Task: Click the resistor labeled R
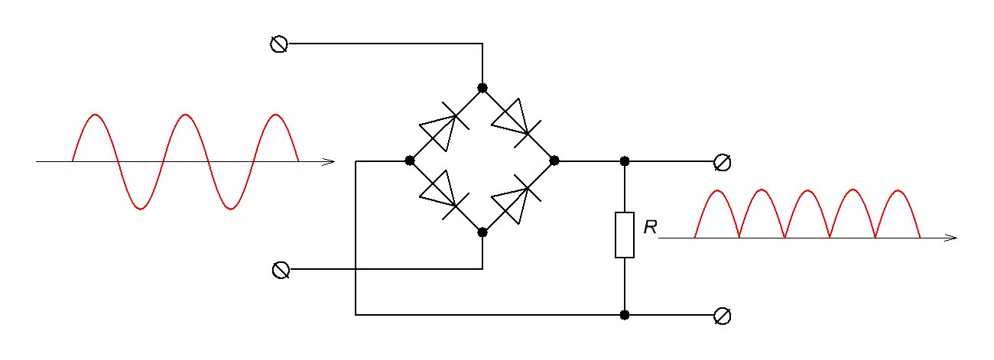pyautogui.click(x=625, y=235)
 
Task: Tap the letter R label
pyautogui.click(x=651, y=227)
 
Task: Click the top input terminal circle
pyautogui.click(x=279, y=44)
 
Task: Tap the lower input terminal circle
pyautogui.click(x=281, y=270)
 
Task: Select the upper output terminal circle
pyautogui.click(x=721, y=161)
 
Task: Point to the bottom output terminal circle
pyautogui.click(x=721, y=315)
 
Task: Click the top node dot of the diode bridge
pyautogui.click(x=482, y=88)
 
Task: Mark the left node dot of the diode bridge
pyautogui.click(x=410, y=161)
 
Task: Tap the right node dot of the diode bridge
pyautogui.click(x=555, y=161)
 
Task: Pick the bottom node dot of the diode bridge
pyautogui.click(x=482, y=232)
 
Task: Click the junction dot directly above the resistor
pyautogui.click(x=625, y=161)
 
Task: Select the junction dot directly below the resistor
pyautogui.click(x=625, y=314)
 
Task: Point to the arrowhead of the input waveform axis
pyautogui.click(x=330, y=161)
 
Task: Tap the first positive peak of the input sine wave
pyautogui.click(x=95, y=116)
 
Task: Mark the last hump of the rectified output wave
pyautogui.click(x=898, y=191)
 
